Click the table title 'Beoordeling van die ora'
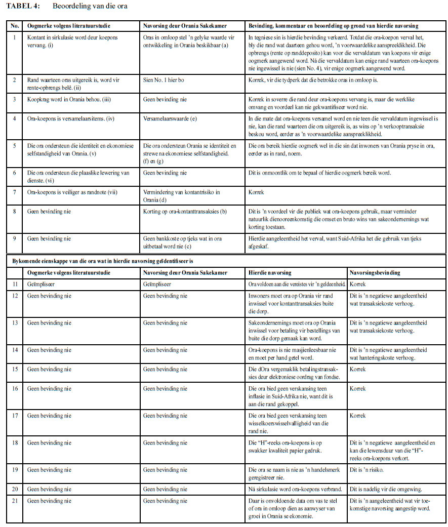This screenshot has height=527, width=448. (90, 6)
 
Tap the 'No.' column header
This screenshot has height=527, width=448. (16, 25)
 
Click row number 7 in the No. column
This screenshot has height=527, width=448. (15, 192)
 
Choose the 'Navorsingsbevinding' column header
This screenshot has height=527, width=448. (375, 272)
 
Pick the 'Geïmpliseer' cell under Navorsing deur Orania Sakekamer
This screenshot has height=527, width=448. (157, 285)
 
